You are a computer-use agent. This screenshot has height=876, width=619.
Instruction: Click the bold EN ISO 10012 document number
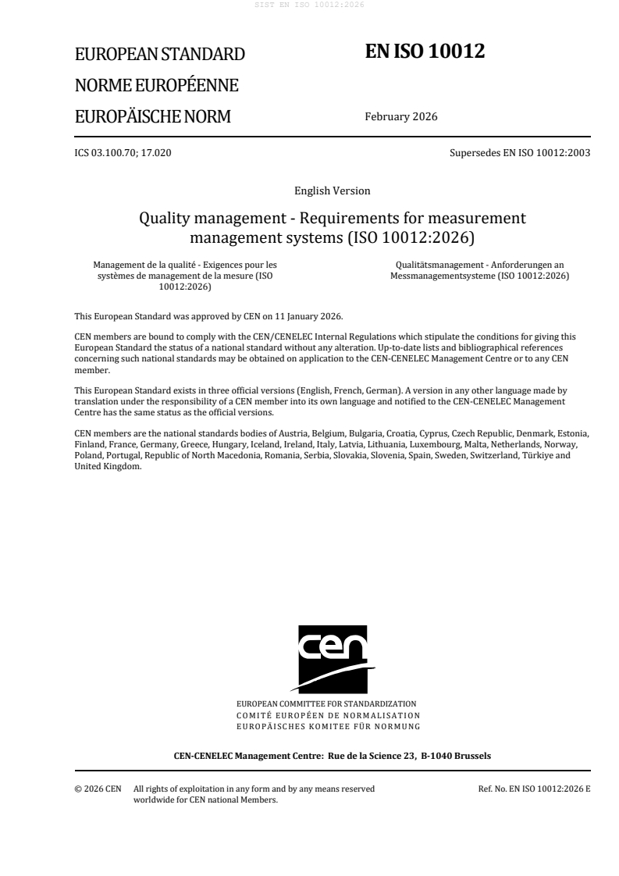(x=425, y=52)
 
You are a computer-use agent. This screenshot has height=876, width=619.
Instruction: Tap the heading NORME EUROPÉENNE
(x=156, y=85)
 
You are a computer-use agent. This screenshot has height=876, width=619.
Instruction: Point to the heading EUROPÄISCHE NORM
(x=152, y=117)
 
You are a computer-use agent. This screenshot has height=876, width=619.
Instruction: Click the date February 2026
(x=400, y=117)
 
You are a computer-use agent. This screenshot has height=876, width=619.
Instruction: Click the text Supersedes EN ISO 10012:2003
(x=520, y=153)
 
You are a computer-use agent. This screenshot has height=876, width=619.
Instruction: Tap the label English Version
(x=332, y=191)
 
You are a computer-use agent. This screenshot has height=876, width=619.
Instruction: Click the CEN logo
(x=332, y=658)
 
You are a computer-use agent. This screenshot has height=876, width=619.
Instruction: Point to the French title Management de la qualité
(x=183, y=265)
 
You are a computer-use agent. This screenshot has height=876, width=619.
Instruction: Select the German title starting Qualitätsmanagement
(x=482, y=265)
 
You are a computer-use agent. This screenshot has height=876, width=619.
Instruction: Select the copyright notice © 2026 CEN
(x=97, y=789)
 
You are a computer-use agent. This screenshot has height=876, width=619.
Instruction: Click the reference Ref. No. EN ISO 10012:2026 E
(x=534, y=789)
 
